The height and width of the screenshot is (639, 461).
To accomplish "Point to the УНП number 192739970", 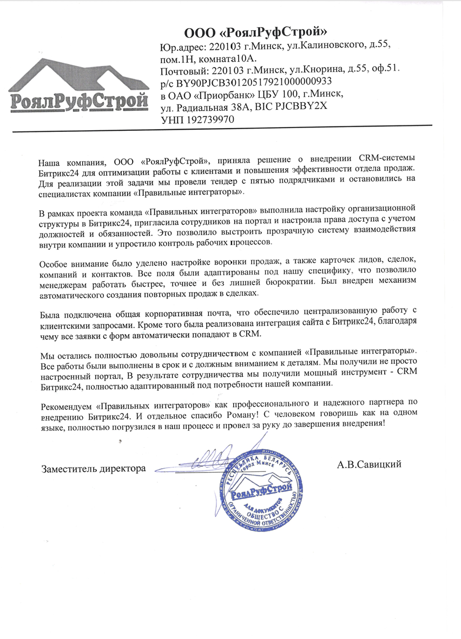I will tap(212, 120).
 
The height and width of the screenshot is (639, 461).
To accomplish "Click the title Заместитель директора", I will tap(94, 468).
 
